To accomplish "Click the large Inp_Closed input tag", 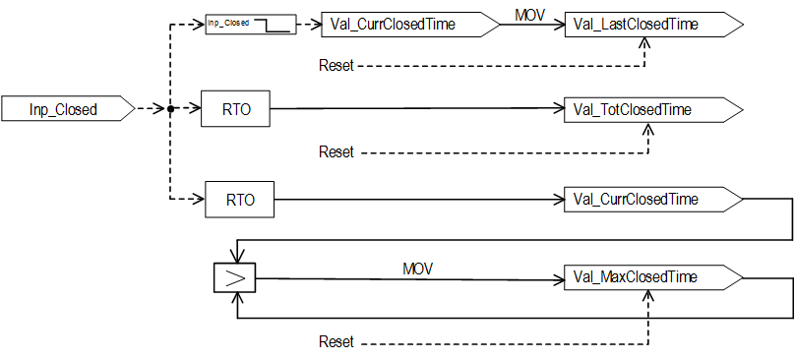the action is (69, 108).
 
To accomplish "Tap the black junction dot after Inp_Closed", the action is (171, 108).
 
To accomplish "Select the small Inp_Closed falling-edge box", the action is (250, 25).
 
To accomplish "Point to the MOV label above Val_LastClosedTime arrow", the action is (529, 15).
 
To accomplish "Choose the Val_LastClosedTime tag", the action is (654, 24).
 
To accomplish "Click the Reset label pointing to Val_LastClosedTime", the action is (336, 66).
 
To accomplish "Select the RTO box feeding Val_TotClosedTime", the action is (236, 108).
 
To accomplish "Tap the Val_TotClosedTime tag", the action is (654, 108).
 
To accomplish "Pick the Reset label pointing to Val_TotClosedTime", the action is (336, 151).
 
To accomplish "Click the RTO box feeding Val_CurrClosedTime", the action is (239, 200).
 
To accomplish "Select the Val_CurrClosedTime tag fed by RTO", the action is (654, 200).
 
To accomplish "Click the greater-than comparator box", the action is (235, 278).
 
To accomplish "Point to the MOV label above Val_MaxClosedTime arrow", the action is (418, 269).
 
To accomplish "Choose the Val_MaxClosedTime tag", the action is (654, 277).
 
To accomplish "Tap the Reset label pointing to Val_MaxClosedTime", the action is (336, 342).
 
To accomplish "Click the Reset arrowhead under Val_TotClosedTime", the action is (648, 128).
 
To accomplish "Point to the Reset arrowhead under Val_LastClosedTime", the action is (643, 43).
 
